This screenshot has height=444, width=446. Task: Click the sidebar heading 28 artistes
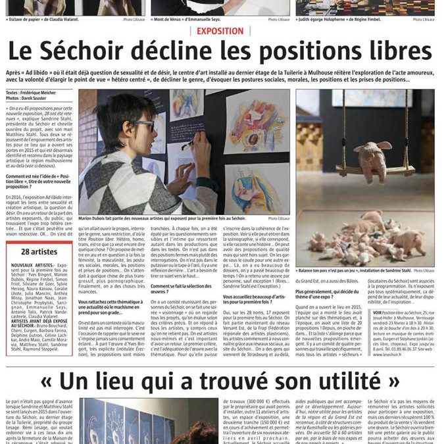point(39,251)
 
